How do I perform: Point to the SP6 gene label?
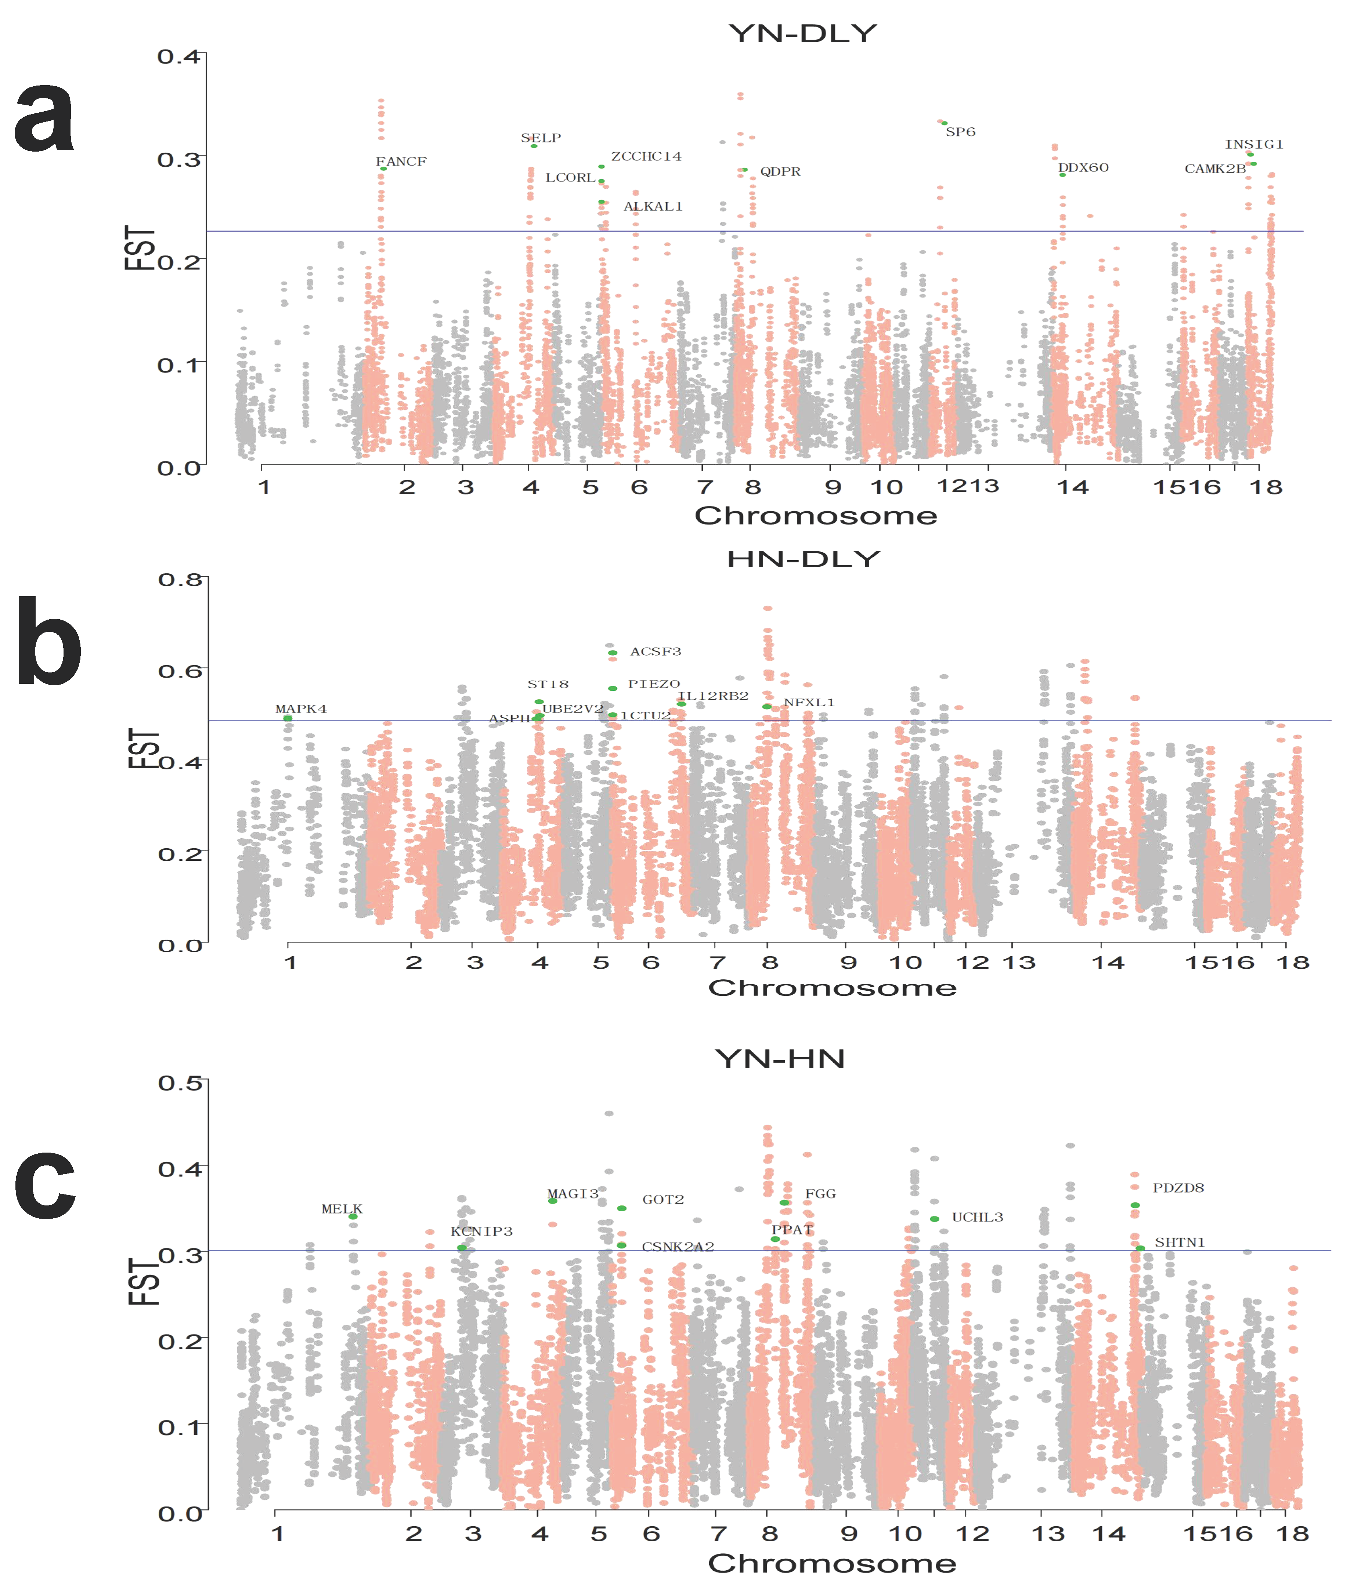tap(960, 132)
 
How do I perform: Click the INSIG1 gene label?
tap(1253, 144)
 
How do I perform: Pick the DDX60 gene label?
tap(1083, 168)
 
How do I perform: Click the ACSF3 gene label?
tap(656, 652)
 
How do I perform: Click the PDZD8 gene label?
tap(1178, 1188)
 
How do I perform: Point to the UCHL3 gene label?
tap(977, 1217)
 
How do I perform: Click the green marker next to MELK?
tap(353, 1216)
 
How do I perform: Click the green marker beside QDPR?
tap(744, 170)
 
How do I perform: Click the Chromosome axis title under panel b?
tap(832, 987)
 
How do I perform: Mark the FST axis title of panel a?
tap(140, 247)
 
